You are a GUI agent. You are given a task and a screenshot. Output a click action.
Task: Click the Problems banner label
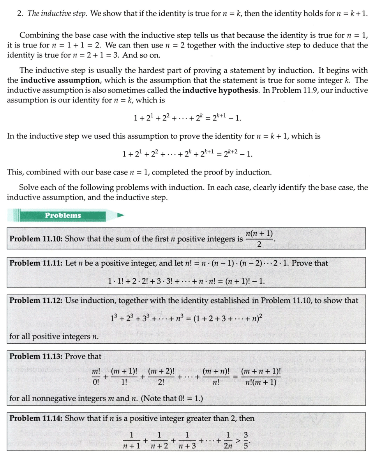63,215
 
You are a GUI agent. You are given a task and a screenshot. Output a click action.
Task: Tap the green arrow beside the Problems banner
121,215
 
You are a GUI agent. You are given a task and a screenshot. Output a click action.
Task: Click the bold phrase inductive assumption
60,81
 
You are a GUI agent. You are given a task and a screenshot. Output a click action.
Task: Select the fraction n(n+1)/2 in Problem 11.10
259,238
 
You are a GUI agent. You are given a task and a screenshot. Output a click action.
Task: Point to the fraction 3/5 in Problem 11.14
246,440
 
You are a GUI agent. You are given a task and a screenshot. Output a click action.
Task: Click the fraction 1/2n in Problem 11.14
228,440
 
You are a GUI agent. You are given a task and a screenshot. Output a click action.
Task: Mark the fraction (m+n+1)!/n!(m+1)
259,377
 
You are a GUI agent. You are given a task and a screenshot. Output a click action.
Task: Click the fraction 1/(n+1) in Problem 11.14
131,440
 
